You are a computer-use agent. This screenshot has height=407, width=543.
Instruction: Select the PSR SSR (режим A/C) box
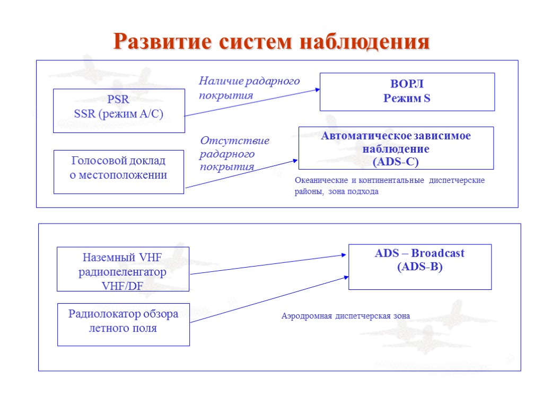119,110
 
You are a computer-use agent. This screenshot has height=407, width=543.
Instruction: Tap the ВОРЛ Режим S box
407,92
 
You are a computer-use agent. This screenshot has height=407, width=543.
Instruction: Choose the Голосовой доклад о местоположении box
119,172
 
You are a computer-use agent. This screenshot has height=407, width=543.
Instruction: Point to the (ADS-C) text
396,162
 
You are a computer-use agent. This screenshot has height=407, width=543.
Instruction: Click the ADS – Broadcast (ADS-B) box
419,267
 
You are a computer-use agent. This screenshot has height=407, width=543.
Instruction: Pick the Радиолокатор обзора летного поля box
123,324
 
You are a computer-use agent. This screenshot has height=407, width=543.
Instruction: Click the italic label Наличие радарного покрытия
249,88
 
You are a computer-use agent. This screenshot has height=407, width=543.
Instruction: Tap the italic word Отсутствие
234,141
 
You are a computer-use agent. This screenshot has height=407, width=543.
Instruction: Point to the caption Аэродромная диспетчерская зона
345,316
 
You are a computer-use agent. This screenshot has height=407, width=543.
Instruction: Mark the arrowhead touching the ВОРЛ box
318,90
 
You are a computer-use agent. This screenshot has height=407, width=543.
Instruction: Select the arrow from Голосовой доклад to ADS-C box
241,173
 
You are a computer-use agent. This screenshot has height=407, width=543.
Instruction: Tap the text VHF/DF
122,286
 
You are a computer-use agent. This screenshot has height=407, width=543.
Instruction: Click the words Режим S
407,98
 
